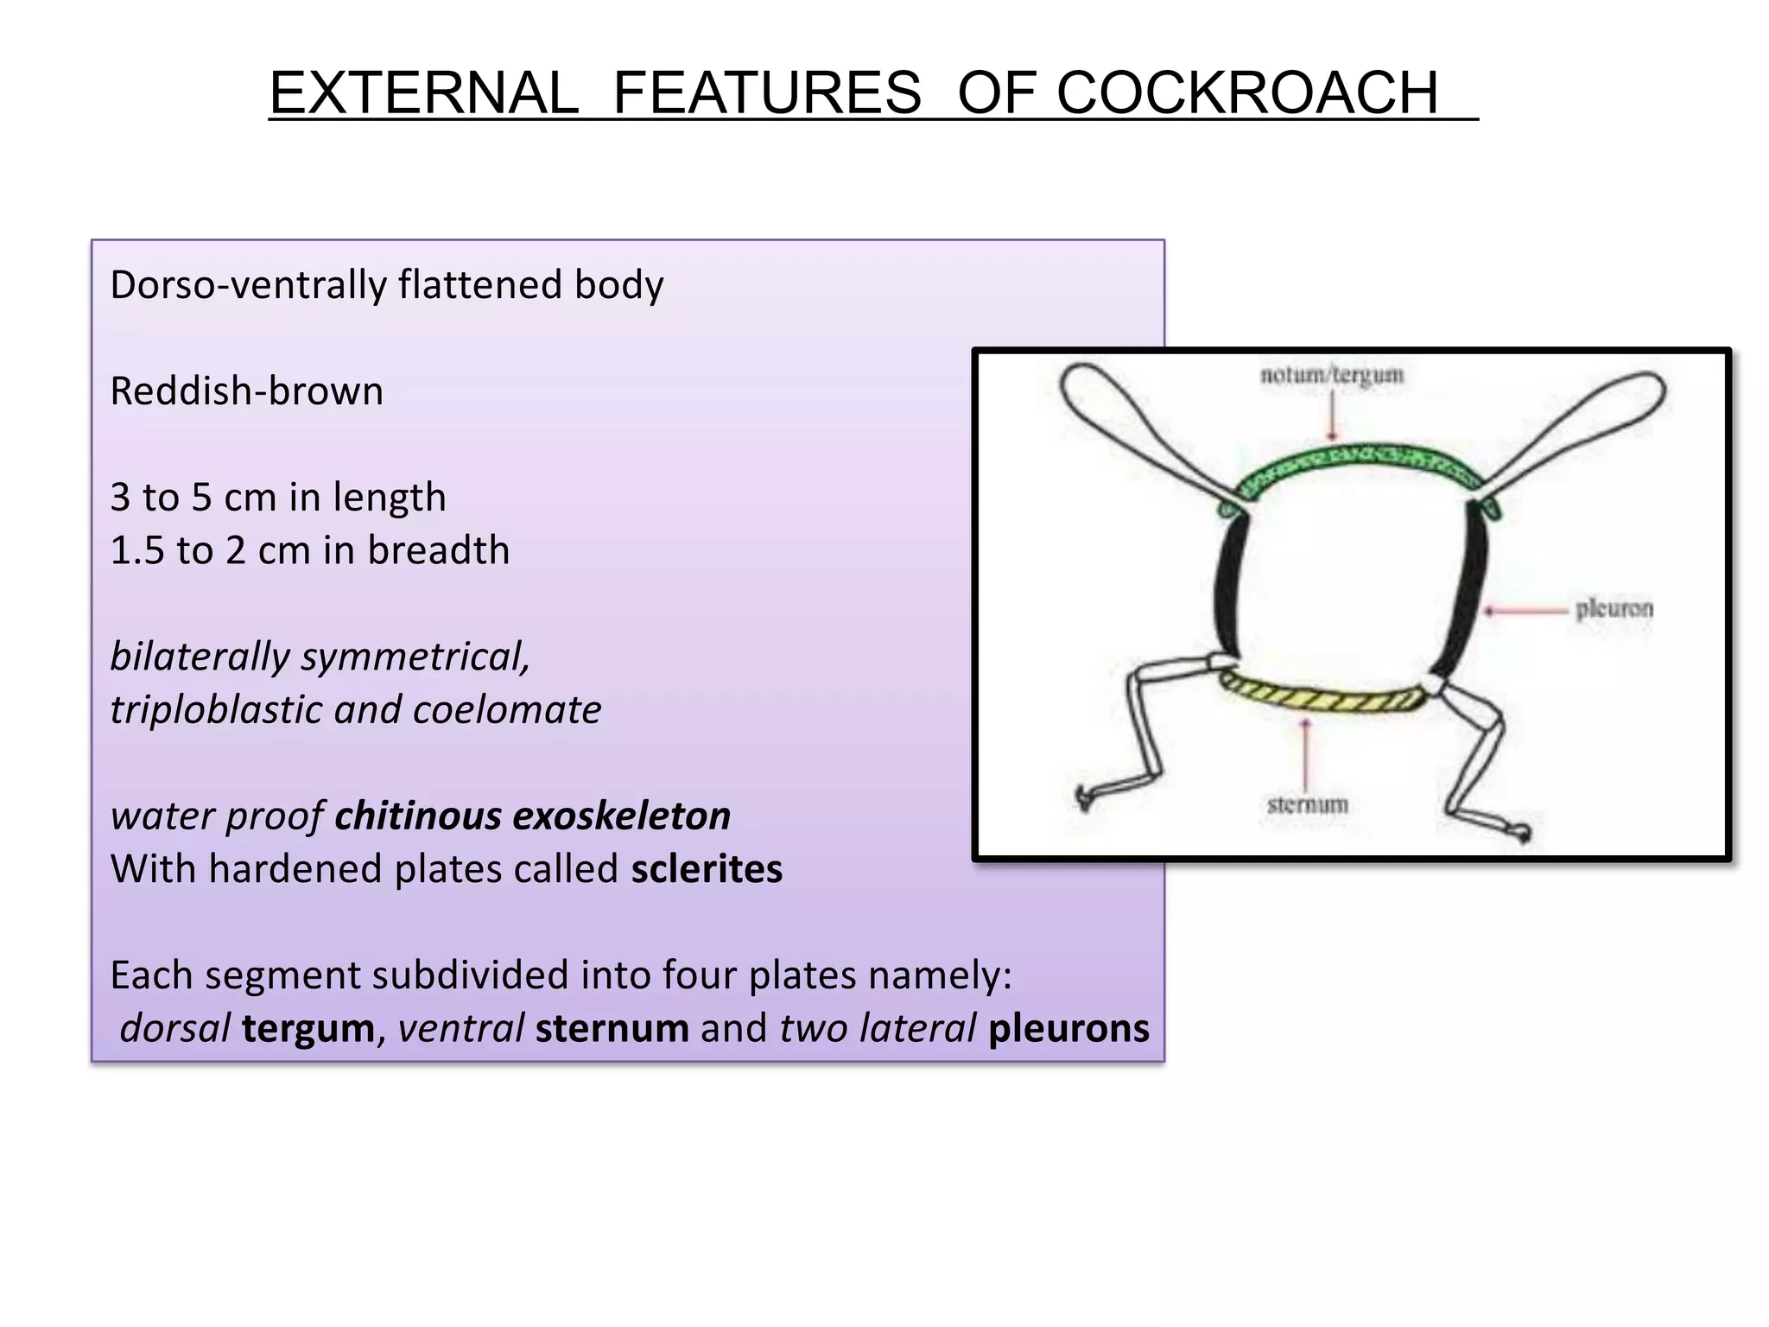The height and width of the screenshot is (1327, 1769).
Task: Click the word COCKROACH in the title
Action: coord(1247,92)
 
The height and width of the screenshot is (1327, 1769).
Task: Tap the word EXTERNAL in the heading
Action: coord(423,92)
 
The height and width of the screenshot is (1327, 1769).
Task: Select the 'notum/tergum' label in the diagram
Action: coord(1331,375)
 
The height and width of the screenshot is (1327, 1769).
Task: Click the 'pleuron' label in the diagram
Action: coord(1614,609)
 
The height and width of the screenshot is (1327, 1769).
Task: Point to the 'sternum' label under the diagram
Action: coord(1307,804)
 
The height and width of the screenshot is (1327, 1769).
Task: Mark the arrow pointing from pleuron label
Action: coord(1525,610)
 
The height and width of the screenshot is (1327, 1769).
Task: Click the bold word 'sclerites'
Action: coord(706,869)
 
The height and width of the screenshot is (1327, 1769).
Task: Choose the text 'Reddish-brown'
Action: coord(246,391)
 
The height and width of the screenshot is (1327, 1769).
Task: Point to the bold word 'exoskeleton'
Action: coord(621,816)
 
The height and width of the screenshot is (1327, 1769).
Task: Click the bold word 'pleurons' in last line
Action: coord(1068,1028)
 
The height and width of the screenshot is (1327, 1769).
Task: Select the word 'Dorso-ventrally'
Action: coord(248,285)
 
